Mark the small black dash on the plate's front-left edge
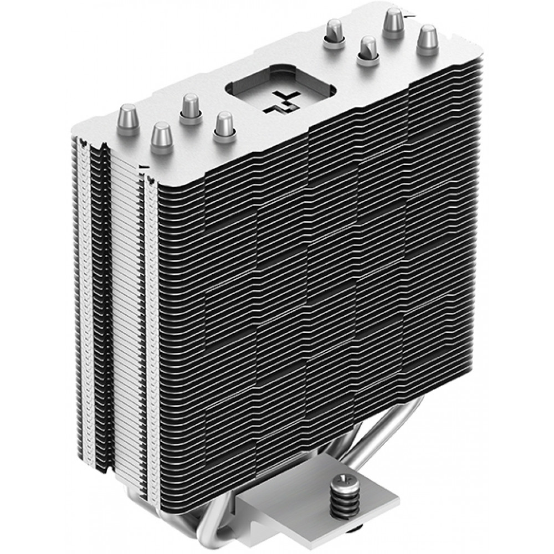[x=143, y=165]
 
